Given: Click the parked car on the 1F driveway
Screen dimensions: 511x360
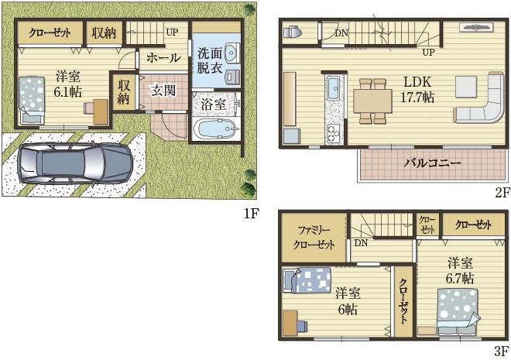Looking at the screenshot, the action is (75, 163).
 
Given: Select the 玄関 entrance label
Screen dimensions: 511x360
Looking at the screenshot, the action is (163, 91).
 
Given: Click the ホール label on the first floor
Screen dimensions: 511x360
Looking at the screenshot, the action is (163, 58).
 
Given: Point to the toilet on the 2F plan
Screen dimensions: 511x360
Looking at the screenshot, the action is (293, 33).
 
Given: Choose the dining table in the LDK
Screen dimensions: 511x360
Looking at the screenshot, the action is (373, 101).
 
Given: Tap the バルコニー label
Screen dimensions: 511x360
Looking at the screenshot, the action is (433, 163).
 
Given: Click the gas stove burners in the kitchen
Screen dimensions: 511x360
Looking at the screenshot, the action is (333, 133).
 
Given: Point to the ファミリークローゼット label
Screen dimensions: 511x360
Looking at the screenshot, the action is (314, 238).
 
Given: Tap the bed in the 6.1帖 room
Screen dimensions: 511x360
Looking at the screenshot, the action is (32, 100).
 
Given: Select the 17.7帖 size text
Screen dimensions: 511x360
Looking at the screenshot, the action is (417, 97).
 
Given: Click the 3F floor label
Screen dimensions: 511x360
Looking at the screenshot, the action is (501, 351).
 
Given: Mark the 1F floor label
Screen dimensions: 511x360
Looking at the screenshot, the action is (252, 214).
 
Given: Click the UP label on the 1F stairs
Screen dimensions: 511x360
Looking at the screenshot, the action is (172, 33).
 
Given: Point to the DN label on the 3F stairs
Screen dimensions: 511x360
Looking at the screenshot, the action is (361, 243).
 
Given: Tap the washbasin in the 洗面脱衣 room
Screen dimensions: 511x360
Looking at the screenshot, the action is (232, 52).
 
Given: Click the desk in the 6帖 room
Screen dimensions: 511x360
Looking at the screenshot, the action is (290, 323).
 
